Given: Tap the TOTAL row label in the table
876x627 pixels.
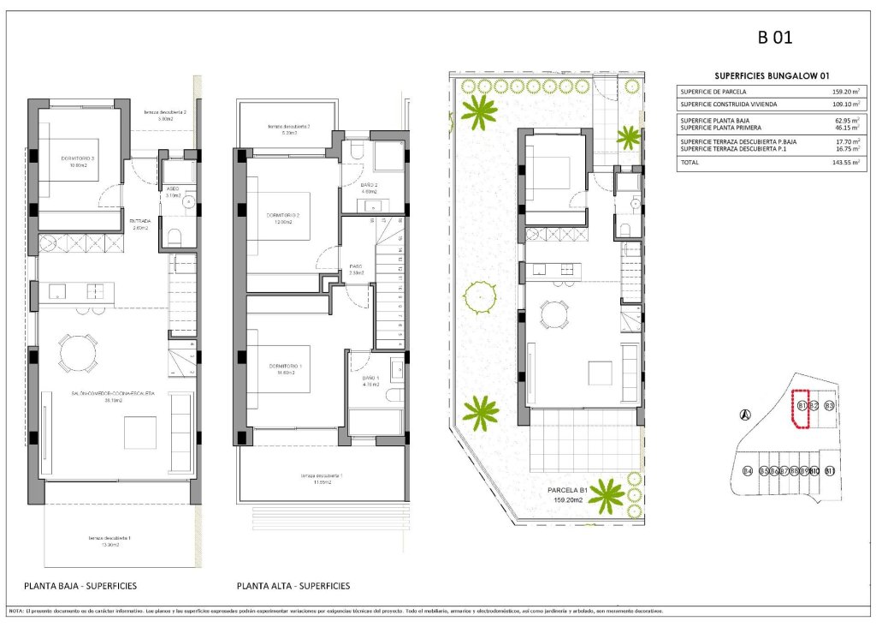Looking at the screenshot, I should tap(690, 162).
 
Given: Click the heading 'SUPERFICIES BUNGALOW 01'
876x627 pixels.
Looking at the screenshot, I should tap(771, 75).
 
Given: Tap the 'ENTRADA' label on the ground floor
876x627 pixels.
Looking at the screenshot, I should tap(139, 221).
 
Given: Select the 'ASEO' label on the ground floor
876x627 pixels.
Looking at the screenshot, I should tap(171, 189).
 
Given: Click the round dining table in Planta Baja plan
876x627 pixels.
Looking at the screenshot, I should tap(78, 351).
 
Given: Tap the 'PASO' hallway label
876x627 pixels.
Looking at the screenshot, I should tap(357, 266).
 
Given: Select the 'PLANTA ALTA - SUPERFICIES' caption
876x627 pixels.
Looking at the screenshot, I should tap(293, 586).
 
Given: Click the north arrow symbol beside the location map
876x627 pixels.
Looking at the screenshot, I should tap(745, 415).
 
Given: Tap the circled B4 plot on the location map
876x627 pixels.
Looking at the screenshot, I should tap(747, 471).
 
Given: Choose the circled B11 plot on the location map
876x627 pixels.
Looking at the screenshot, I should tap(829, 471).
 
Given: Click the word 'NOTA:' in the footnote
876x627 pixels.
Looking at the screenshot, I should tap(16, 611).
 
